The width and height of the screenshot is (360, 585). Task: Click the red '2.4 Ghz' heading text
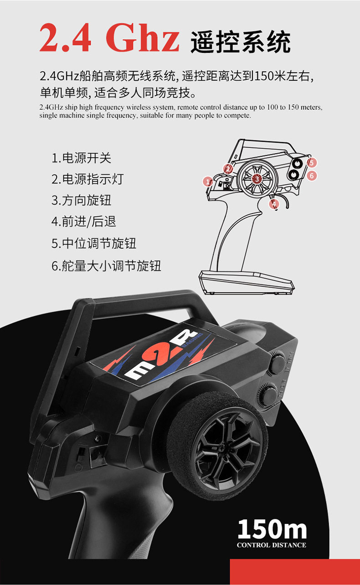pos(109,38)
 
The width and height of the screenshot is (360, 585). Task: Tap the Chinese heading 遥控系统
pos(241,42)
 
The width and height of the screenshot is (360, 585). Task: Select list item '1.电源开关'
pos(81,158)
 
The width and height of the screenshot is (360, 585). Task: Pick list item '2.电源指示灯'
pos(87,179)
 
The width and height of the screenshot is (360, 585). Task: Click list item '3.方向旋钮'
pos(81,200)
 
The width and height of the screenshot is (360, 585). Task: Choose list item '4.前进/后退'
pos(83,222)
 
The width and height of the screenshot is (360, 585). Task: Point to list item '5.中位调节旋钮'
pos(93,243)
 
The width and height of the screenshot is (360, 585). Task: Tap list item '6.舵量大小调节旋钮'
pos(106,266)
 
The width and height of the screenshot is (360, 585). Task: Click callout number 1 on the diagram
pos(208,181)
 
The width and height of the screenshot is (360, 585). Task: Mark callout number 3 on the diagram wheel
pos(257,179)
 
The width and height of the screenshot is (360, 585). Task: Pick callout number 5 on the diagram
pos(311,163)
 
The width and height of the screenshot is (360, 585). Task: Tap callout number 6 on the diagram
pos(311,175)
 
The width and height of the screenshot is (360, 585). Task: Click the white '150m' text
pos(272,529)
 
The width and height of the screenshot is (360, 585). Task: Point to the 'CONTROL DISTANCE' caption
pos(272,545)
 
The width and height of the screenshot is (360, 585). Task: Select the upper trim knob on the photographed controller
pos(277,364)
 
